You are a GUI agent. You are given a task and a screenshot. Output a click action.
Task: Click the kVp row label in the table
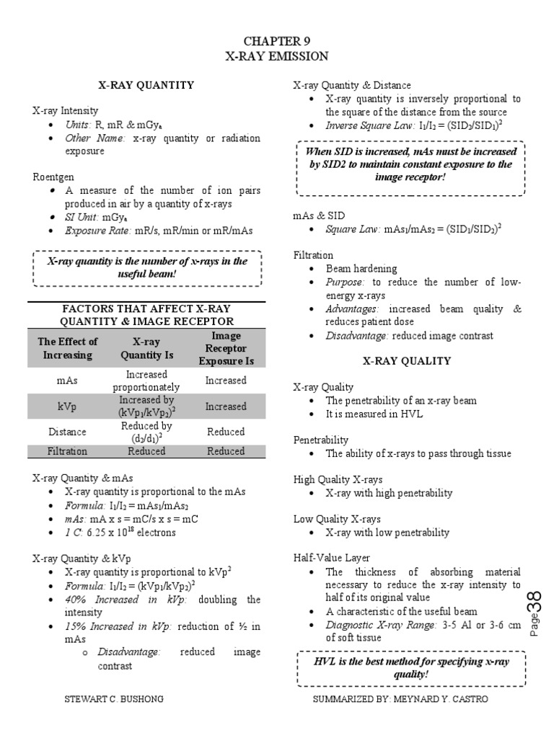pyautogui.click(x=68, y=406)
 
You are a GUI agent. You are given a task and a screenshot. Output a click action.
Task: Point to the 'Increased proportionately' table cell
pyautogui.click(x=146, y=381)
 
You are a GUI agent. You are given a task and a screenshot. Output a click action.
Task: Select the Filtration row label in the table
pyautogui.click(x=68, y=451)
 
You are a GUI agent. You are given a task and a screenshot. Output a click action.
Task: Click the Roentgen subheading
pyautogui.click(x=53, y=176)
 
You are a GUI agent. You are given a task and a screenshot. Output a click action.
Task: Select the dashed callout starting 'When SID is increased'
pyautogui.click(x=411, y=164)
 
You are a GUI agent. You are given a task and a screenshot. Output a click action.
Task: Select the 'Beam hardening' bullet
pyautogui.click(x=359, y=268)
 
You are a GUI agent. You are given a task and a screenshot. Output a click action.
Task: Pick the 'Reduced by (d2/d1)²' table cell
pyautogui.click(x=146, y=432)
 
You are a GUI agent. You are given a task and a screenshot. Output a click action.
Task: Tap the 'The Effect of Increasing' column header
pyautogui.click(x=68, y=348)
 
